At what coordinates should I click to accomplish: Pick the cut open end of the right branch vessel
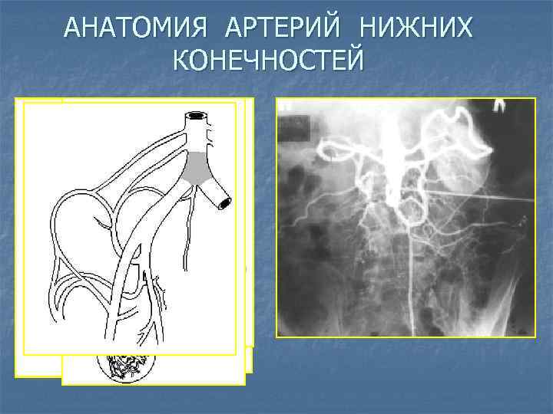coord(227,202)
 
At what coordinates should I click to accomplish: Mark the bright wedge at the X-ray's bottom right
coord(515,307)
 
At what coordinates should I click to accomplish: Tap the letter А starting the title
coord(71,28)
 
